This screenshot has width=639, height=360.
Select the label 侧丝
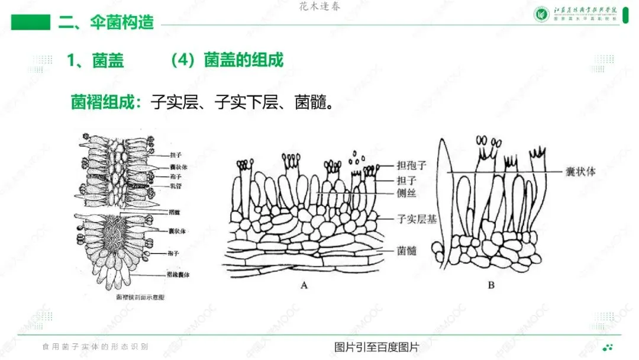[x=407, y=192]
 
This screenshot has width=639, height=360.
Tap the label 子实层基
[x=416, y=219]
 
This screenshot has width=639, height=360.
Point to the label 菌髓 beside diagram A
[x=407, y=251]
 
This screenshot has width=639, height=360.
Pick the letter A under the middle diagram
[x=304, y=285]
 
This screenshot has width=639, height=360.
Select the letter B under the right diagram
[x=490, y=285]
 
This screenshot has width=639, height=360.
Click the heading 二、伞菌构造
[x=106, y=22]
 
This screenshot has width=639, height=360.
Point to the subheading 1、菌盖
[x=96, y=60]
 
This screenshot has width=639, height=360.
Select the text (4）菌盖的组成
[x=227, y=60]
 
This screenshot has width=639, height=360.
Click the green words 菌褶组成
[x=104, y=102]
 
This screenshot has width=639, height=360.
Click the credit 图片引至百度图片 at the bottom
[x=376, y=347]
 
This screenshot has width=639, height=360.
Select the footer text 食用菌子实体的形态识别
[x=95, y=346]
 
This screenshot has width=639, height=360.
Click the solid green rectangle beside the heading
[x=31, y=22]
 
